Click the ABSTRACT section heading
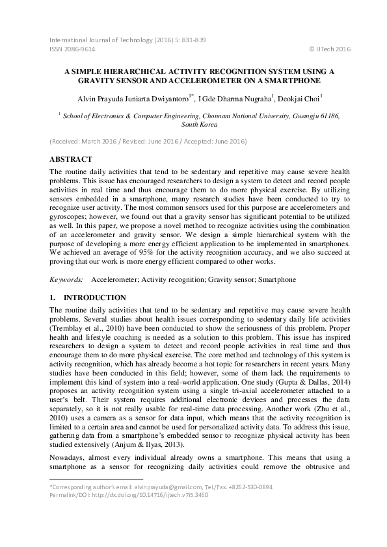tap(71, 159)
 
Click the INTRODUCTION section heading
tap(88, 298)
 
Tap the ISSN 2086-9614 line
tap(72, 49)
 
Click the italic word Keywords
tap(66, 279)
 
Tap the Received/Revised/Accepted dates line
tap(148, 141)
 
